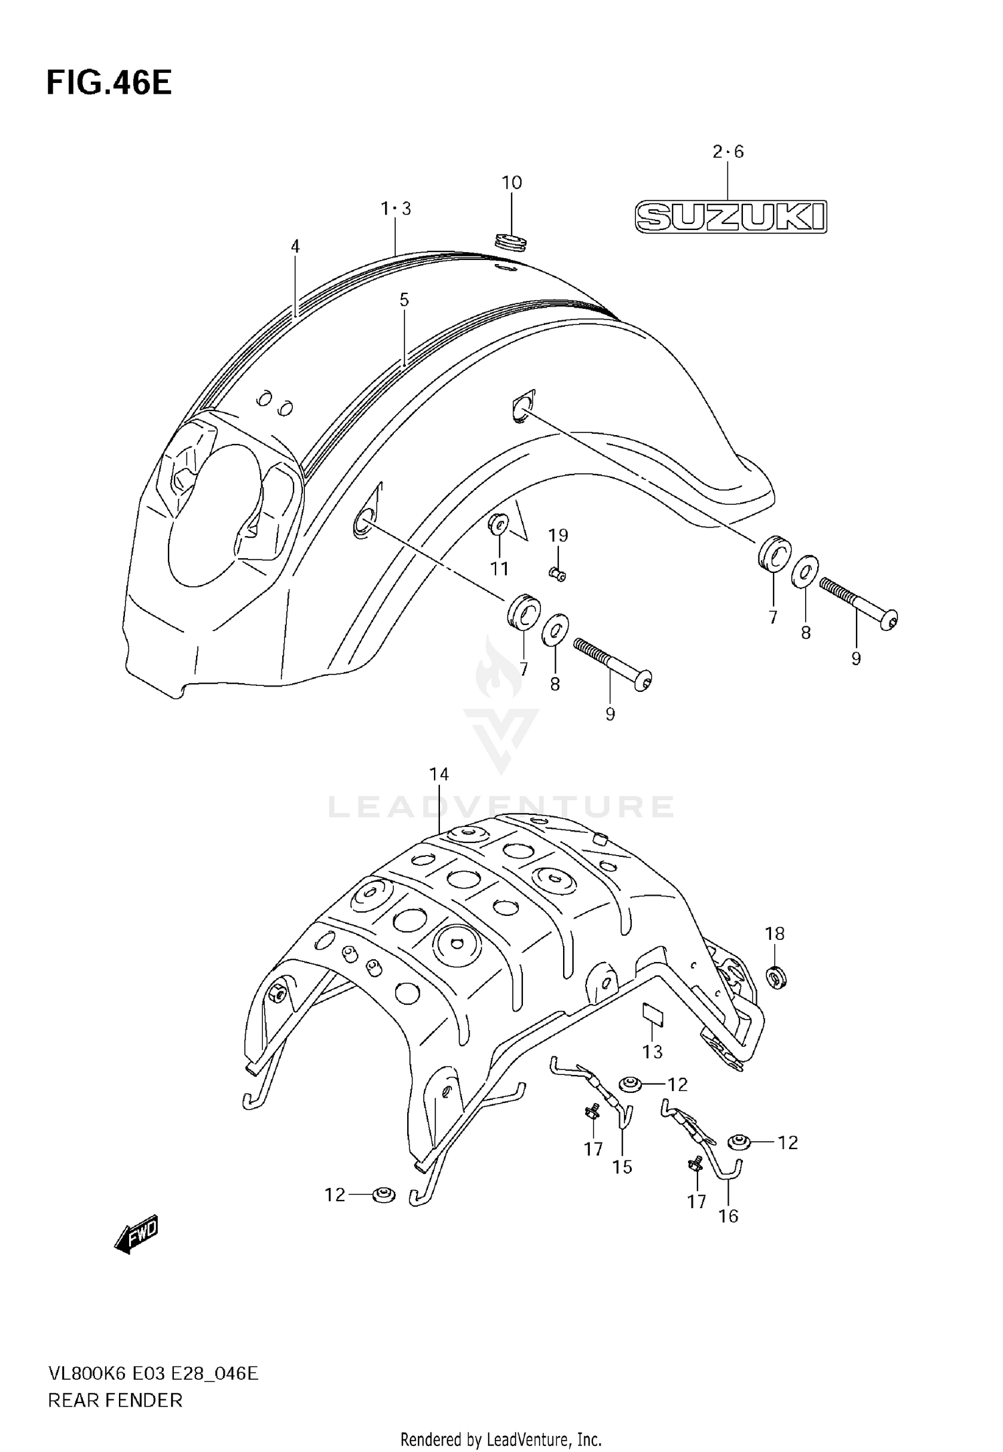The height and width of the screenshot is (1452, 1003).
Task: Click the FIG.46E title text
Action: pos(109,84)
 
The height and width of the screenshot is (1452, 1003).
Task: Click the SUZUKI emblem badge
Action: pos(730,217)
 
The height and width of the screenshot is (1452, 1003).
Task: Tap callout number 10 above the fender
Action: pos(512,183)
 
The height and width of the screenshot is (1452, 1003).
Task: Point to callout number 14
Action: pos(439,774)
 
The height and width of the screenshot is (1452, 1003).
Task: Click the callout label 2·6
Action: pos(728,152)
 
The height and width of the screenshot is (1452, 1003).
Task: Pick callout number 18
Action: pos(774,934)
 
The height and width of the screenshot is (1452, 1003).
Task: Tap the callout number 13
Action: pos(652,1052)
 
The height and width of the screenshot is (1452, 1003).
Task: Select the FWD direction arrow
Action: pos(137,1232)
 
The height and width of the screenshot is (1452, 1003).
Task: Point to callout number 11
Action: pos(499,569)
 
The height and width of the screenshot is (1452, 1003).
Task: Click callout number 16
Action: pos(728,1216)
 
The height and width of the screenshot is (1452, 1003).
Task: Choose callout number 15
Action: pos(622,1167)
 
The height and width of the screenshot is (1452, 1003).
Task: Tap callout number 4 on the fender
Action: pos(295,246)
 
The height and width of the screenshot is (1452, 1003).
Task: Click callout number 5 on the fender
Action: pos(404,300)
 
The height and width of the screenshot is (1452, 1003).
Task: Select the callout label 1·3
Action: pos(396,209)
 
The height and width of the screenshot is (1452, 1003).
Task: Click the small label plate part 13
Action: pos(653,1013)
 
